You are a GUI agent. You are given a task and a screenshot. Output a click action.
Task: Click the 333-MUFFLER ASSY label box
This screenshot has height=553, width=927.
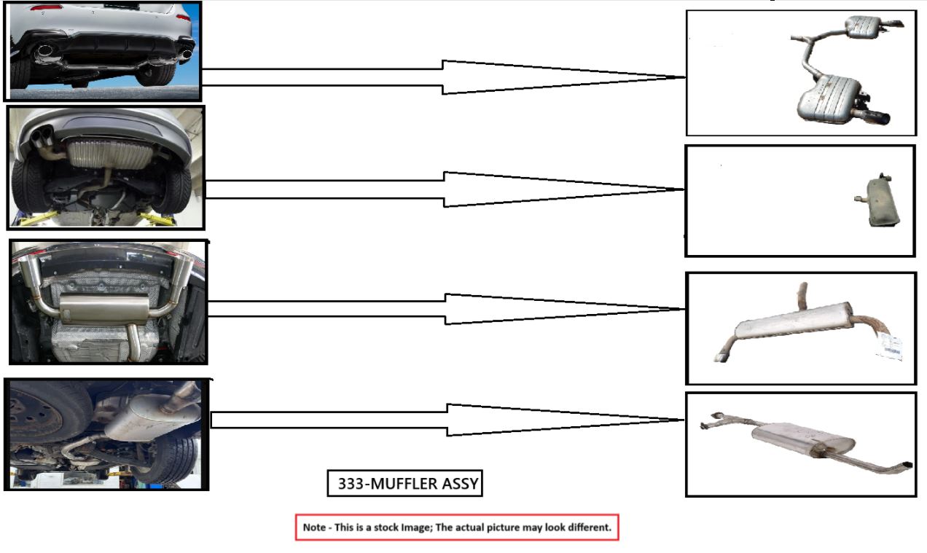[x=404, y=484]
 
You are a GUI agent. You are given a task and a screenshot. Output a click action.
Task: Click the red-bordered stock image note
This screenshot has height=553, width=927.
[x=456, y=527]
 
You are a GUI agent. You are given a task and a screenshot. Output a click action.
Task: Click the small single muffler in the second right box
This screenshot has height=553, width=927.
[x=877, y=202]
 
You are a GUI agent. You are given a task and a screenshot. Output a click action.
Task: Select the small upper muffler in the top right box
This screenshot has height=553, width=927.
[x=864, y=28]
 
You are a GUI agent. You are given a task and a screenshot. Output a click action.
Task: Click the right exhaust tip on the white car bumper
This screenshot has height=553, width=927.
[x=187, y=52]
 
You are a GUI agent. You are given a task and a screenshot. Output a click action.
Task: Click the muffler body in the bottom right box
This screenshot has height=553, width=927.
[x=798, y=438]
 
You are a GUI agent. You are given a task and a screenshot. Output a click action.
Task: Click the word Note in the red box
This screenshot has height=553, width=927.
[x=314, y=527]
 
